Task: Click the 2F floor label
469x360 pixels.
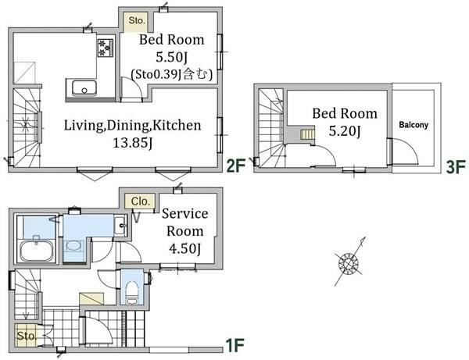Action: tap(236, 166)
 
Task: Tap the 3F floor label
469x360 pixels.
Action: tap(456, 166)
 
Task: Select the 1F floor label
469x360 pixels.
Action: tap(234, 345)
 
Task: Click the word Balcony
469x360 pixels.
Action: tap(414, 125)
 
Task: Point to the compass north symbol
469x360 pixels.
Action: tap(349, 263)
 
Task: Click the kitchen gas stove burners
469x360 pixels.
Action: tap(105, 48)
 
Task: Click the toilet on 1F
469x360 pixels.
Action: tap(131, 291)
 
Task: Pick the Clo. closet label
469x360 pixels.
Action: tap(140, 201)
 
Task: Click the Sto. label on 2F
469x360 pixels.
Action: tap(137, 20)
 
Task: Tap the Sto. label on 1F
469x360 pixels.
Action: tap(27, 336)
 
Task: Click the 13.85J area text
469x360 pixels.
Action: tap(133, 143)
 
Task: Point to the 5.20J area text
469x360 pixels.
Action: tap(345, 131)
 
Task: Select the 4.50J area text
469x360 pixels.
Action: tap(184, 248)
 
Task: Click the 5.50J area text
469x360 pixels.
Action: tap(172, 57)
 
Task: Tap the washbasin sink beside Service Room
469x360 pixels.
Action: tap(120, 225)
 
